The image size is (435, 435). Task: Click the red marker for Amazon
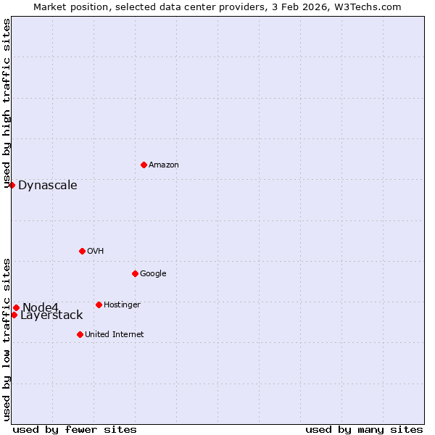coord(144,165)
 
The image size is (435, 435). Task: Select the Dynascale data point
coord(12,185)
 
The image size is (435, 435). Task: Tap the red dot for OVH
coord(82,251)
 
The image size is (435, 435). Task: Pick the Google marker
coord(135,273)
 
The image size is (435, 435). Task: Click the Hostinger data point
coord(99,304)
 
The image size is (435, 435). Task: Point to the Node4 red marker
coord(16,307)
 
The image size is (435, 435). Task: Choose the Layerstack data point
coord(14,315)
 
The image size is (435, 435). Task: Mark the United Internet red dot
coord(80,334)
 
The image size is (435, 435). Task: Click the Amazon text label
coord(164,165)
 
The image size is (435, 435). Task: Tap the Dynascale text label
coord(48,186)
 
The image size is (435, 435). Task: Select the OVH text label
coord(96,252)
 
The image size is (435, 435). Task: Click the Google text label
coord(153,274)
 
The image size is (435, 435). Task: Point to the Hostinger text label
coord(122,305)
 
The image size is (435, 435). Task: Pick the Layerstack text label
coord(51,315)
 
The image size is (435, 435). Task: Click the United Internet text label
coord(115,335)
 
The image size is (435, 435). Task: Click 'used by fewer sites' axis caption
coord(75,429)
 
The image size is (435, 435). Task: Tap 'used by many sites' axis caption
coord(364,429)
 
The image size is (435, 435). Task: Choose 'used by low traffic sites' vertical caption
coord(7,339)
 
